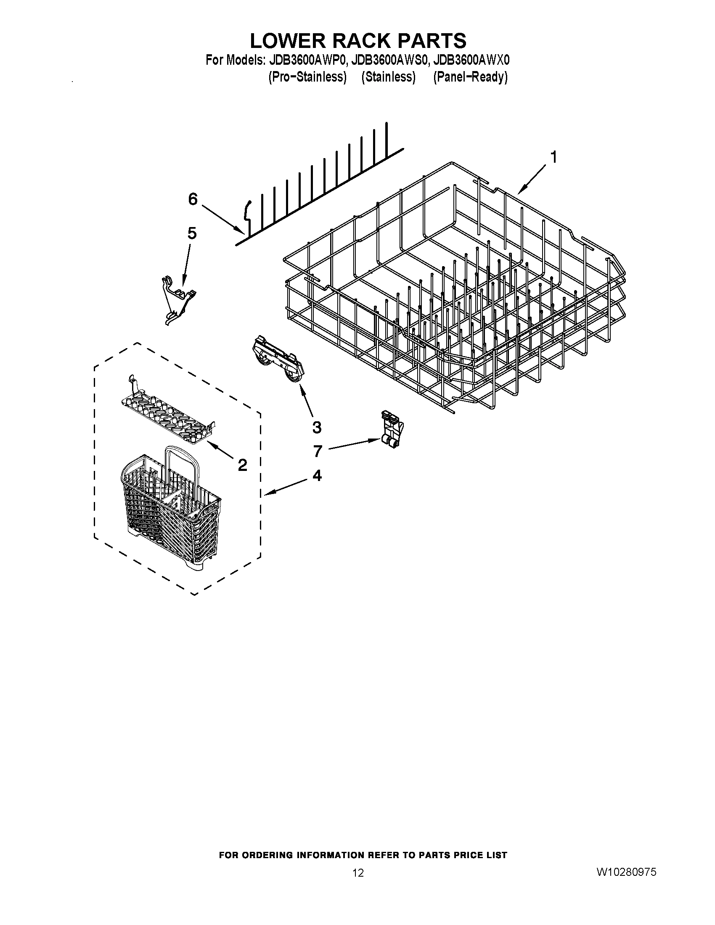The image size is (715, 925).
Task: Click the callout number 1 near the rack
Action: tap(553, 158)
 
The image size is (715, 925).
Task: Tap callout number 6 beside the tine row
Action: tap(193, 199)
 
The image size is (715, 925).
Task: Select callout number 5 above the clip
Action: tap(192, 233)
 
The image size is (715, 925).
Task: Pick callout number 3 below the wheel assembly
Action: tap(316, 427)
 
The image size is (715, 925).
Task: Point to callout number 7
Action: tap(318, 451)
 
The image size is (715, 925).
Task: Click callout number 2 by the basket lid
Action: tap(242, 465)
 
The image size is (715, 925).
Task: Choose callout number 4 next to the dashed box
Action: tap(317, 476)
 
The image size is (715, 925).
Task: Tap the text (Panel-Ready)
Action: tap(470, 77)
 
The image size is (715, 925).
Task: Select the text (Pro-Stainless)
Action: tap(307, 77)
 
